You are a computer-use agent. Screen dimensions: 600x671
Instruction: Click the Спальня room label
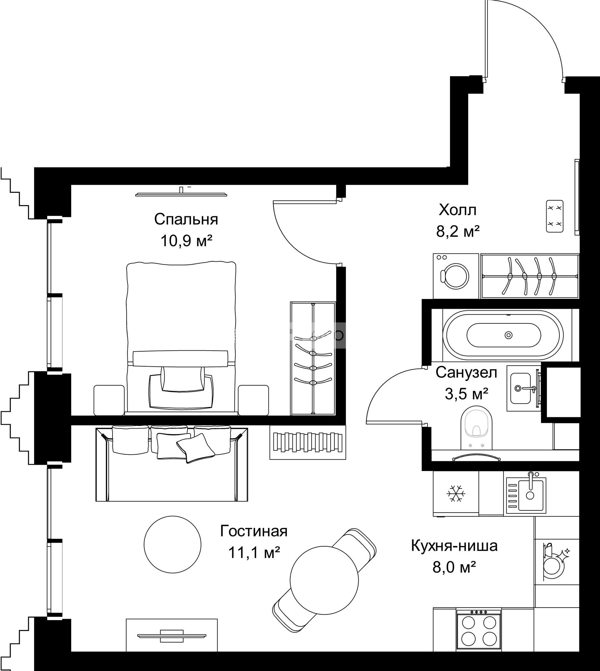186,220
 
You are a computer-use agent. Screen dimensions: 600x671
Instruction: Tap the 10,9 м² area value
186,241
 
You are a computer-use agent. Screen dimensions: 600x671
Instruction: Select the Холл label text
457,210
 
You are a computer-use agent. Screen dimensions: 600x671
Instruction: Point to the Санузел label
466,373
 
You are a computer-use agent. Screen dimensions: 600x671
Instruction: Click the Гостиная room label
254,532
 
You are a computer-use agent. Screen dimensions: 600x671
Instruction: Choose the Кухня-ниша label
454,546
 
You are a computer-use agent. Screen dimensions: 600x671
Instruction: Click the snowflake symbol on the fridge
456,493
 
